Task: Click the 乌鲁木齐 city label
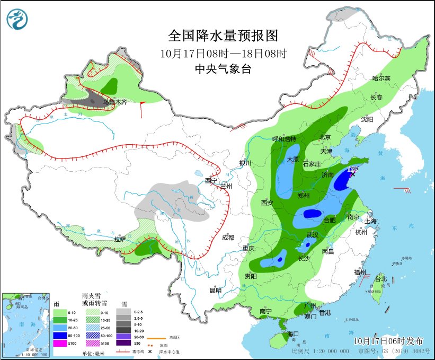click(x=114, y=102)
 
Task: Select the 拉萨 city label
click(x=120, y=239)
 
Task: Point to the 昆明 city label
click(x=215, y=290)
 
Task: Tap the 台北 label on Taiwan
click(x=381, y=279)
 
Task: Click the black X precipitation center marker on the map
click(x=353, y=174)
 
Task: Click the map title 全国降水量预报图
click(x=223, y=36)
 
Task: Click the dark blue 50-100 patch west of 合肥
click(x=312, y=214)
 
